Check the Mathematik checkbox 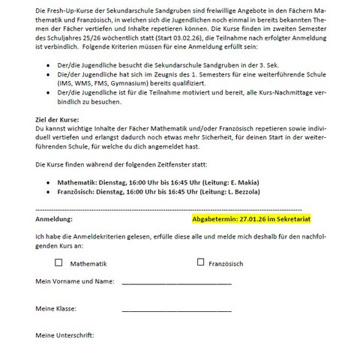tap(59, 262)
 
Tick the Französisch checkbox tap(200, 262)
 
